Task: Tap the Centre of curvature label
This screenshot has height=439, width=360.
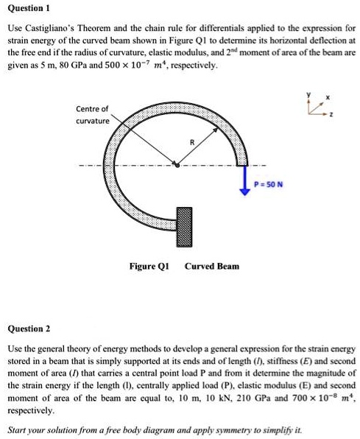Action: point(92,114)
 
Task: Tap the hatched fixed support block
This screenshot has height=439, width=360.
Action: point(184,224)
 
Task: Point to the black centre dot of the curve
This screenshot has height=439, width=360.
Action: point(176,165)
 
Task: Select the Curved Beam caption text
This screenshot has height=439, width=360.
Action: point(212,265)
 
